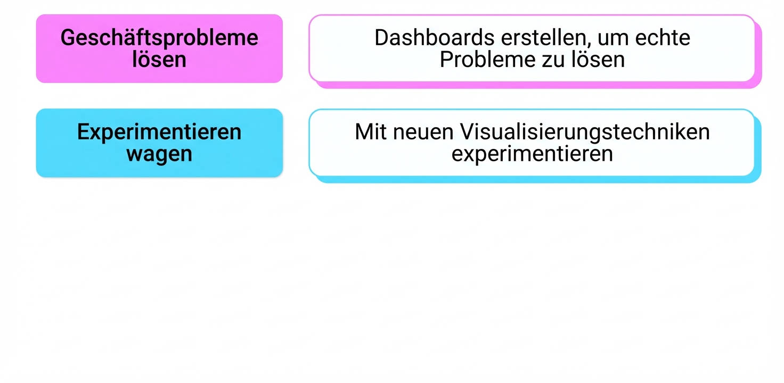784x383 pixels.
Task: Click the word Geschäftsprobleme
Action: [159, 38]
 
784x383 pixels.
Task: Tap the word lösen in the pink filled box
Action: [159, 59]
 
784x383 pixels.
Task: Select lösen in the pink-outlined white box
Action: [598, 59]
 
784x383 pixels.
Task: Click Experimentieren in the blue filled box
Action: [159, 132]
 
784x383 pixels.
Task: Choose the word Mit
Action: [371, 132]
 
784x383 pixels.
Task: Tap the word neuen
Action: [423, 132]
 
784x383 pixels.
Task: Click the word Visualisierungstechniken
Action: [585, 132]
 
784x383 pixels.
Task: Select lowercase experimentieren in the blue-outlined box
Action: [532, 154]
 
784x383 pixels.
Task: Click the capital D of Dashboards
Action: [381, 38]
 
